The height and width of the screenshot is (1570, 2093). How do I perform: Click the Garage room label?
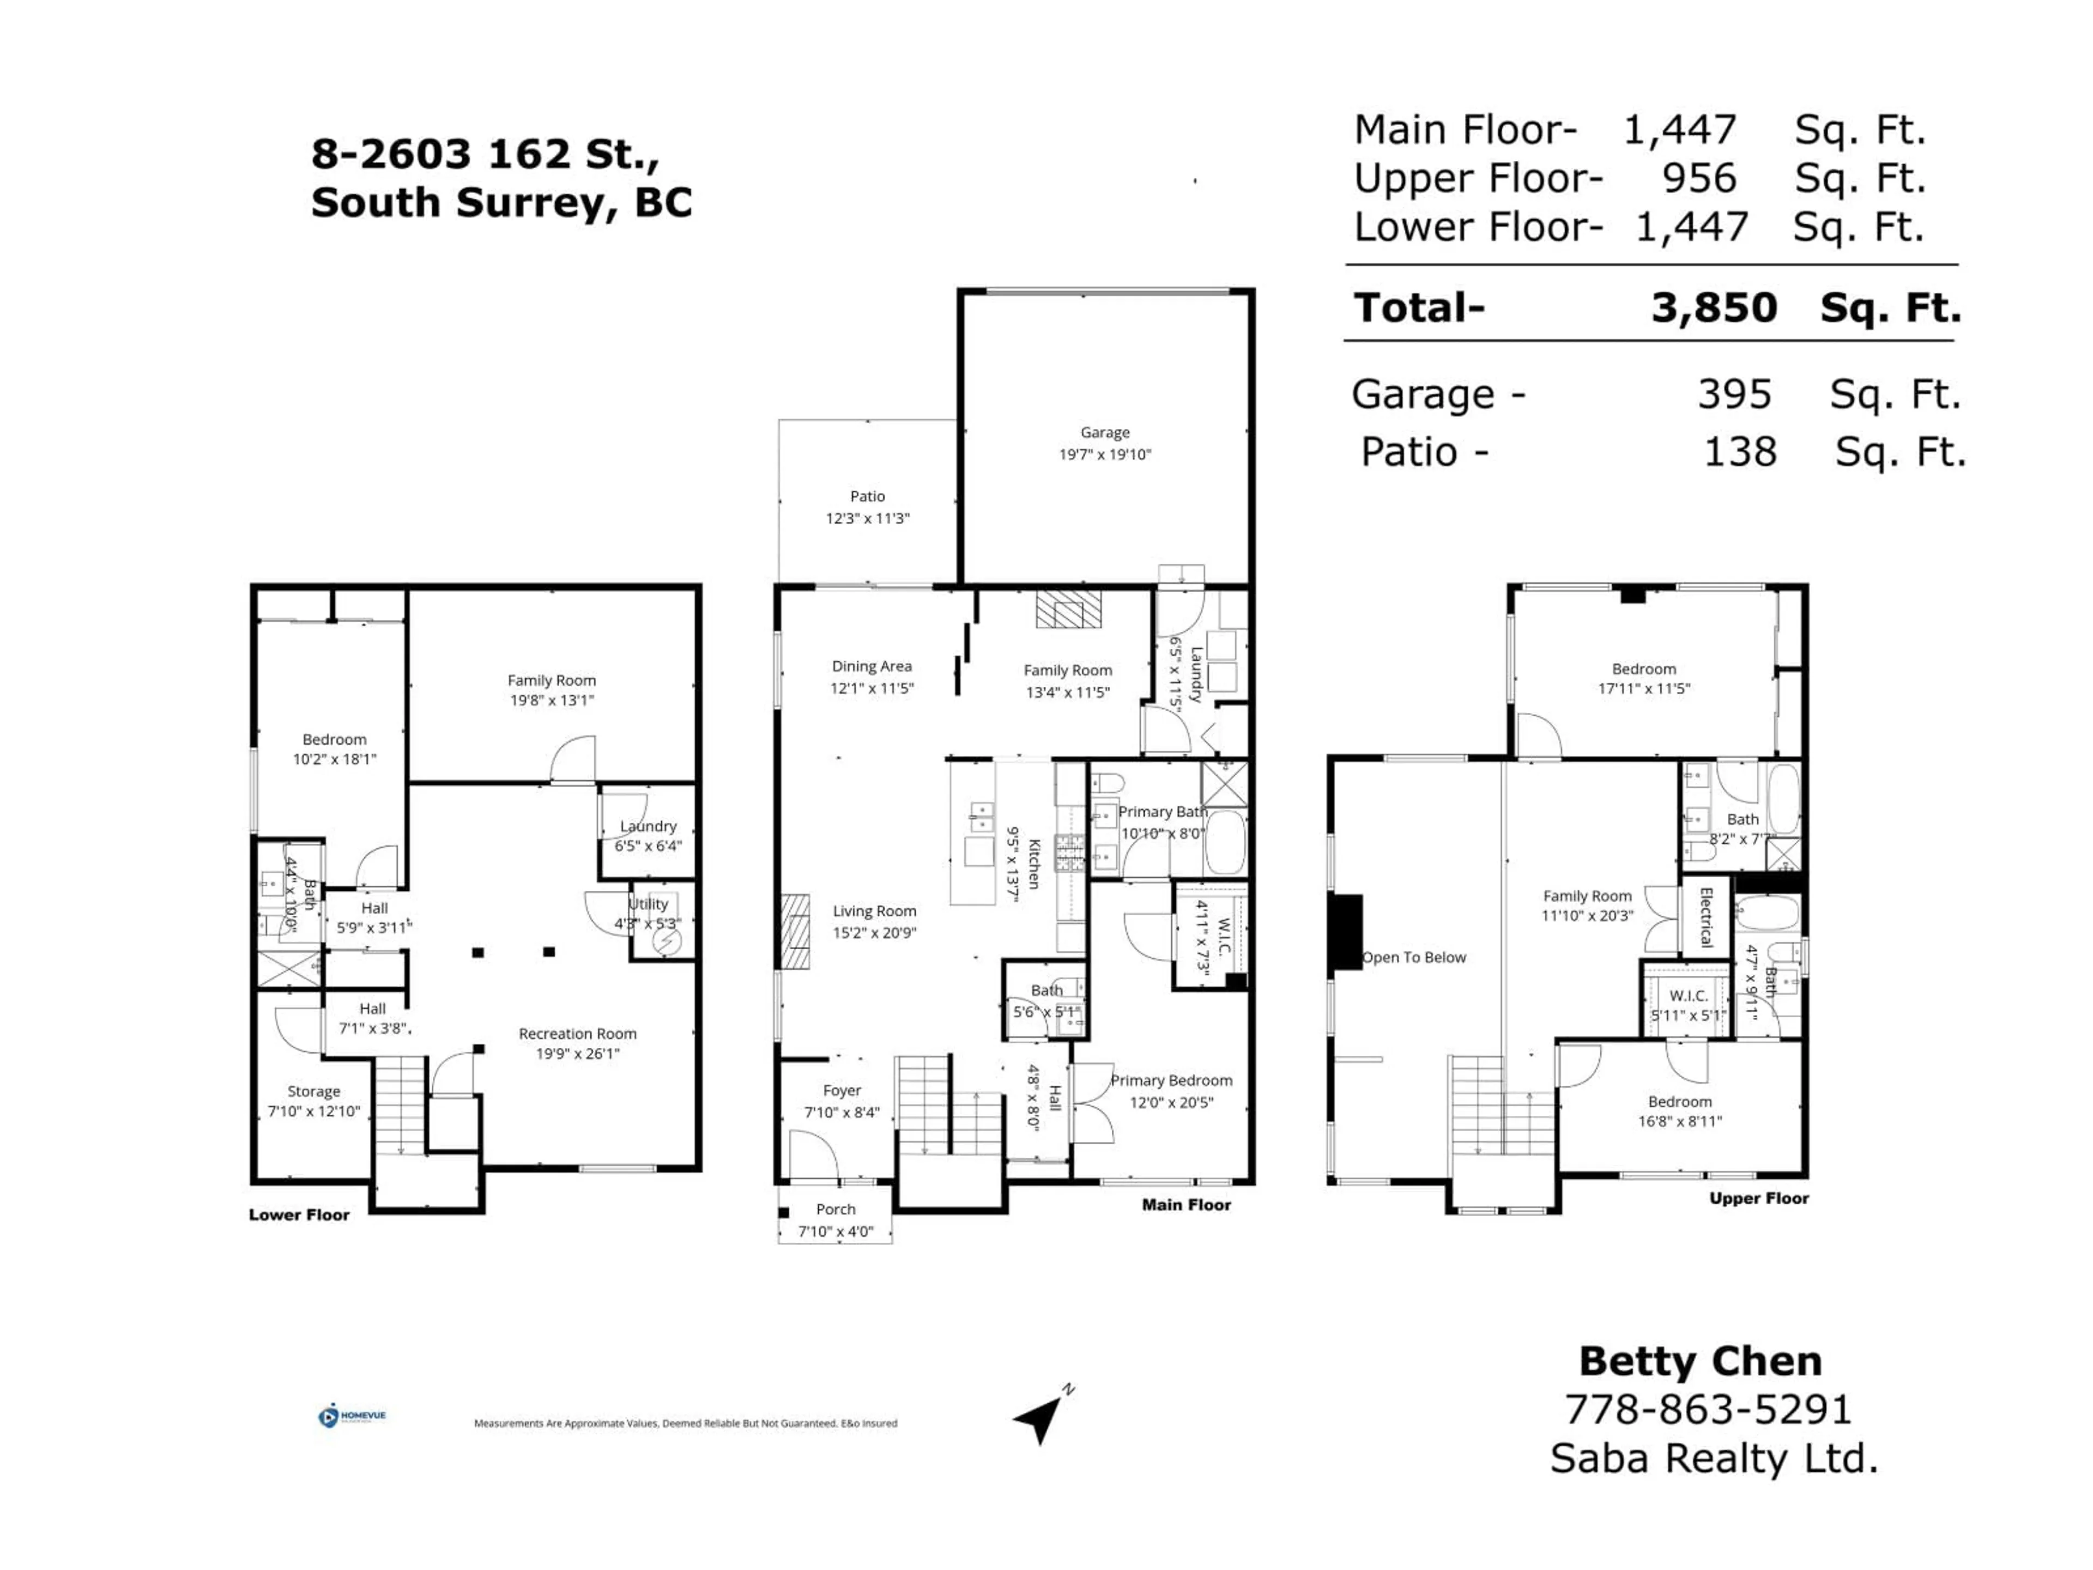coord(1104,432)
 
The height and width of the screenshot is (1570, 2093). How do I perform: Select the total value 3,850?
coord(1714,307)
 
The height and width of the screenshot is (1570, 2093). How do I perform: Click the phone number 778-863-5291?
coord(1708,1410)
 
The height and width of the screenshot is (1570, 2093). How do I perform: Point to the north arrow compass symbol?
coord(1041,1417)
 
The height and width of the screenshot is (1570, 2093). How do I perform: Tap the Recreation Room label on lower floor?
coord(577,1034)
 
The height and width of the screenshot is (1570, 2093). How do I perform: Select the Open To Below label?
coord(1414,958)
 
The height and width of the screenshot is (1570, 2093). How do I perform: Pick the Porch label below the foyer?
coord(836,1210)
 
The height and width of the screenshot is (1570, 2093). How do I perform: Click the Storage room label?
coord(313,1091)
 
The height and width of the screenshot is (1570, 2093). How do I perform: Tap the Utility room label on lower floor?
coord(648,904)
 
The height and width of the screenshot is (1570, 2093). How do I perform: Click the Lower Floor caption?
coord(299,1215)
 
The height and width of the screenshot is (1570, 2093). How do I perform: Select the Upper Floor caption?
coord(1758,1199)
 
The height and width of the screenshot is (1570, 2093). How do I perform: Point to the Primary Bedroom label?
coord(1171,1080)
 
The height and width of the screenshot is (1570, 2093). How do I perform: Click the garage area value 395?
coord(1733,395)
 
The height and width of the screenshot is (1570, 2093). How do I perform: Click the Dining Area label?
coord(872,666)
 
